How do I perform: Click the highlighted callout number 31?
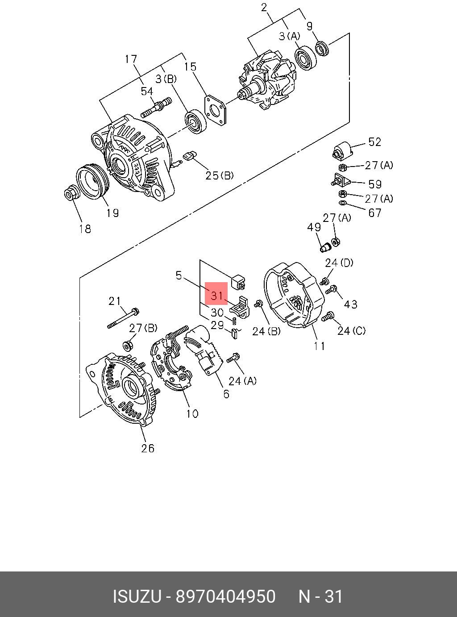216,295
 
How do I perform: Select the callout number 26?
148,448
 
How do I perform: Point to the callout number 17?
131,59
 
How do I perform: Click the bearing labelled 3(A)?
305,57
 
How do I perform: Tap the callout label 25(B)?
220,175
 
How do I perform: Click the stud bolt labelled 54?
157,107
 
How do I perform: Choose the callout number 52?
374,142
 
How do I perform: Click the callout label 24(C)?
351,331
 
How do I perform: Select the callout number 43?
351,304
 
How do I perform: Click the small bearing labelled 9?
322,48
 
